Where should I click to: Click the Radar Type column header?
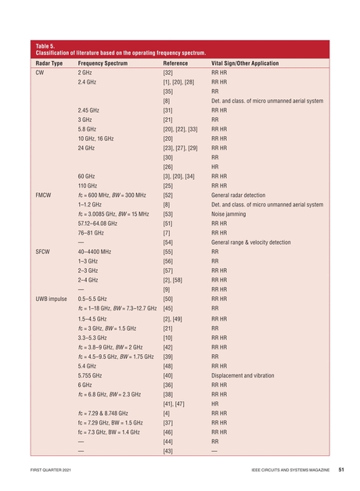pos(51,63)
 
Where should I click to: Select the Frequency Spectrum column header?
pos(103,63)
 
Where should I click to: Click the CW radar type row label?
pos(40,72)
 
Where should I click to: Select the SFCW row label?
pos(44,253)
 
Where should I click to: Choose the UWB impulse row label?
pos(52,299)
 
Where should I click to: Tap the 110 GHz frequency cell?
pos(87,186)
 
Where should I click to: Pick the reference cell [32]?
pos(167,72)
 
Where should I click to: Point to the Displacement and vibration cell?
pos(242,375)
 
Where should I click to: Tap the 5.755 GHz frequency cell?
pos(90,375)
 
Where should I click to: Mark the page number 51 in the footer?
pos(342,471)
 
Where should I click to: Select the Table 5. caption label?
pos(48,45)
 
